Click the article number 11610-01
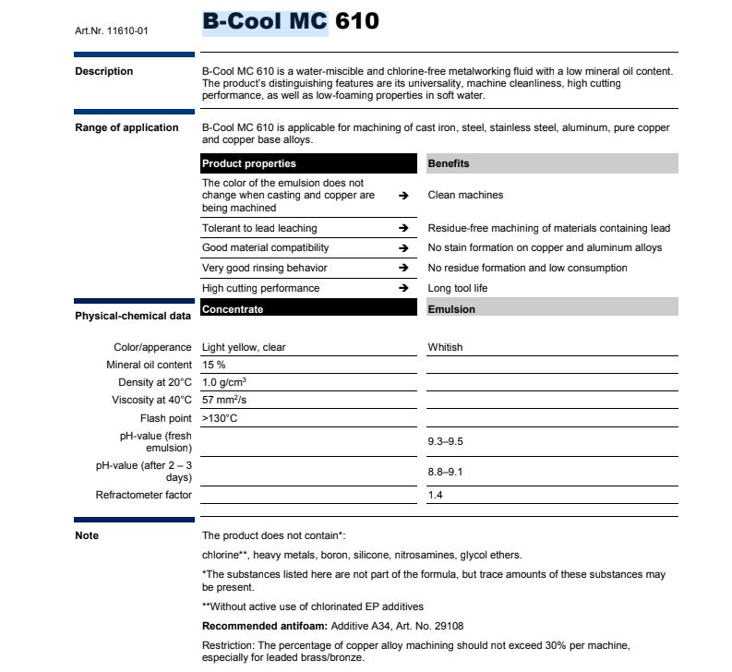pyautogui.click(x=111, y=31)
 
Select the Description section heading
pyautogui.click(x=103, y=72)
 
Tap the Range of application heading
pyautogui.click(x=126, y=127)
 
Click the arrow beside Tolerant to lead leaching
pyautogui.click(x=403, y=228)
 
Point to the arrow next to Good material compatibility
pyautogui.click(x=403, y=248)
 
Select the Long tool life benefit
pyautogui.click(x=458, y=289)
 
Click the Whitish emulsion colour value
pyautogui.click(x=445, y=348)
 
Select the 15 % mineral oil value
pyautogui.click(x=213, y=366)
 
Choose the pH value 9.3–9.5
pyautogui.click(x=445, y=442)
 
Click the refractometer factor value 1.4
pyautogui.click(x=436, y=496)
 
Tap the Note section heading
pyautogui.click(x=86, y=536)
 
